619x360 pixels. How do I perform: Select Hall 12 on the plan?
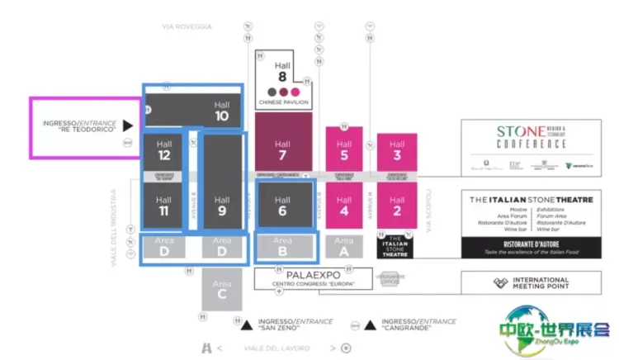click(163, 151)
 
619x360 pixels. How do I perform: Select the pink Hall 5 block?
click(344, 149)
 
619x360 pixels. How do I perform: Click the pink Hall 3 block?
click(397, 149)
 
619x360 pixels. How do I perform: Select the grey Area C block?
click(221, 289)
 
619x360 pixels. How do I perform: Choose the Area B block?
click(283, 246)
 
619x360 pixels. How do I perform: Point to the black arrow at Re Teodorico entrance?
click(127, 126)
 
